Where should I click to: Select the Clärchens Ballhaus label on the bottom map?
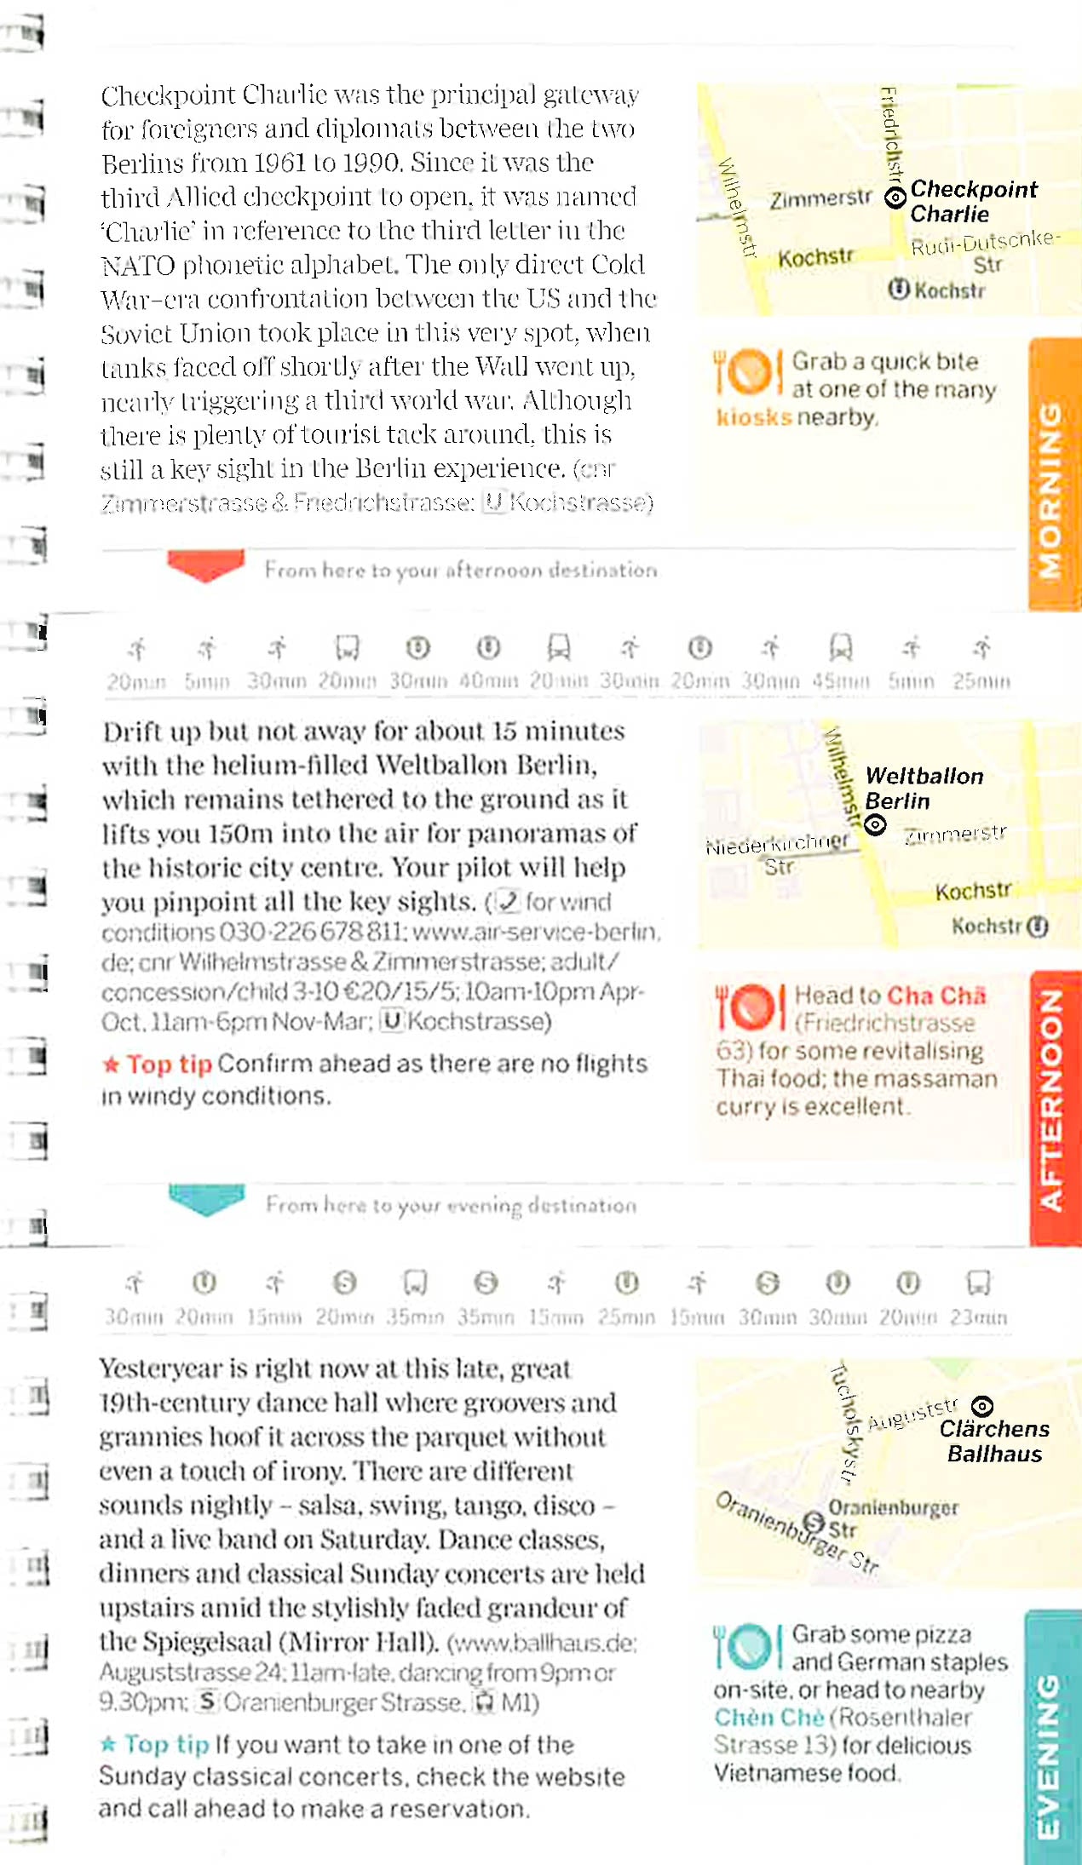(x=993, y=1441)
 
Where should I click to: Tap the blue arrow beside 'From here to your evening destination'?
(x=206, y=1199)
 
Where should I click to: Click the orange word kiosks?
(x=753, y=417)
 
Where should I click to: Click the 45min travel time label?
(x=840, y=681)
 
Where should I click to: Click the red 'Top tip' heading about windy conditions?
(x=169, y=1064)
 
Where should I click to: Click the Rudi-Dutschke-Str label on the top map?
(x=985, y=252)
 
